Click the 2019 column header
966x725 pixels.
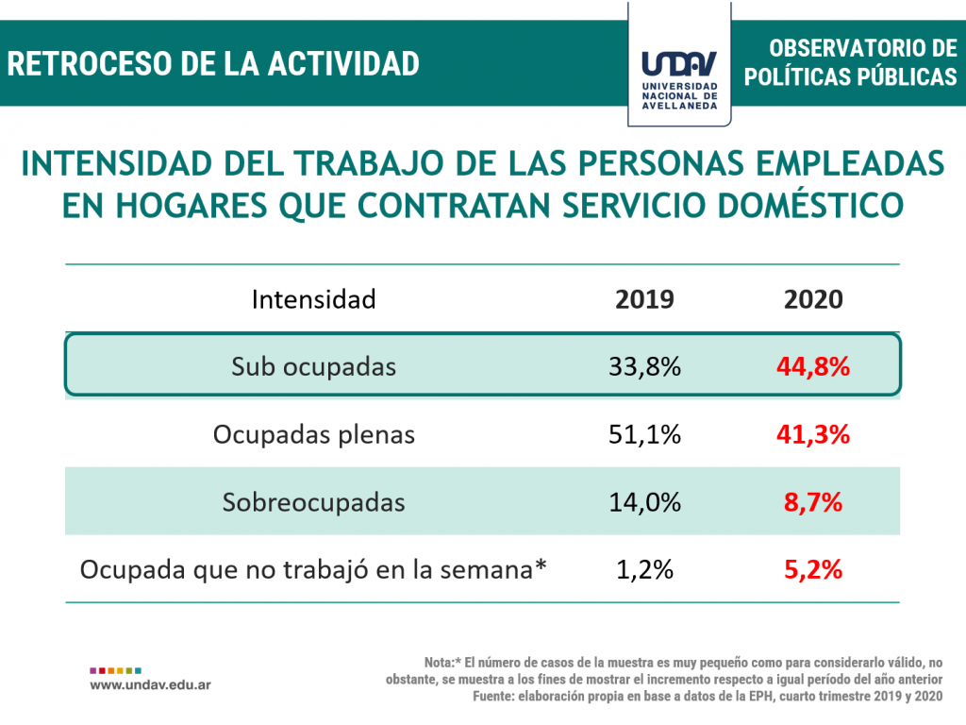click(x=644, y=299)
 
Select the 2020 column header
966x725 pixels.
click(x=813, y=299)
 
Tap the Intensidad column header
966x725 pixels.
click(x=313, y=299)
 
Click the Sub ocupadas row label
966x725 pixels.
click(x=313, y=366)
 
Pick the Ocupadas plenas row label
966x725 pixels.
click(x=313, y=434)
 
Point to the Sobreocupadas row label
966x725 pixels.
click(x=313, y=502)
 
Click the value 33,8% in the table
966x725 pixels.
click(x=644, y=366)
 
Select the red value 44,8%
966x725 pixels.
click(x=813, y=366)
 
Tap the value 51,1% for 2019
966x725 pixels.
click(x=644, y=434)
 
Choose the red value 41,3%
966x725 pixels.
click(x=813, y=434)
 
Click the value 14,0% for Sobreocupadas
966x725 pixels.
click(x=644, y=502)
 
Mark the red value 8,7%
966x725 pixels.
click(x=813, y=502)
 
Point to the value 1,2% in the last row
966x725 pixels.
click(x=644, y=570)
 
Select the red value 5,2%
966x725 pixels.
click(x=813, y=570)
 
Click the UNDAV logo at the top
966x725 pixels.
click(x=679, y=76)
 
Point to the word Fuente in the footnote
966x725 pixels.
click(x=495, y=696)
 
